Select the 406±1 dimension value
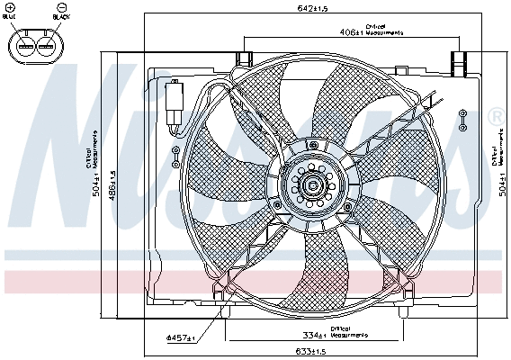(x=352, y=31)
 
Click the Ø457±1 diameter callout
(x=181, y=338)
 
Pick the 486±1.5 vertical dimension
(x=112, y=185)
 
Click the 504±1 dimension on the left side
(x=97, y=185)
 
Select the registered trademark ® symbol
(x=495, y=117)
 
